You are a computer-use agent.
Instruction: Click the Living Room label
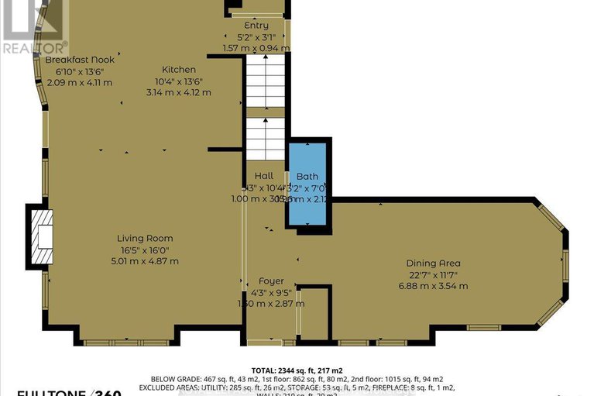click(x=145, y=238)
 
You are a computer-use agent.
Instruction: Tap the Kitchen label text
click(x=179, y=70)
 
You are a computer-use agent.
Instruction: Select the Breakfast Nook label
click(x=80, y=60)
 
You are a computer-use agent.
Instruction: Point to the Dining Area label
click(x=434, y=263)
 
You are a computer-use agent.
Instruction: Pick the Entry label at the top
click(x=256, y=26)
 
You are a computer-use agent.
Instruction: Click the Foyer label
click(x=271, y=281)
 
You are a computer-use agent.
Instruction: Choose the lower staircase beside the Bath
click(x=266, y=138)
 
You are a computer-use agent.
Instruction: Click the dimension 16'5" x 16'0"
click(x=145, y=250)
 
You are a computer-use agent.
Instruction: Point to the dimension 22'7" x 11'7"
click(x=434, y=274)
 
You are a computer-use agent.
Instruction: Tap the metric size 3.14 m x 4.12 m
click(x=179, y=92)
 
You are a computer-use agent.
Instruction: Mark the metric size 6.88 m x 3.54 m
click(x=434, y=286)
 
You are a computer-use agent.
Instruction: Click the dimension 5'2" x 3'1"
click(x=256, y=36)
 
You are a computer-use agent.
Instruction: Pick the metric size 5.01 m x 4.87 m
click(x=145, y=261)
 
